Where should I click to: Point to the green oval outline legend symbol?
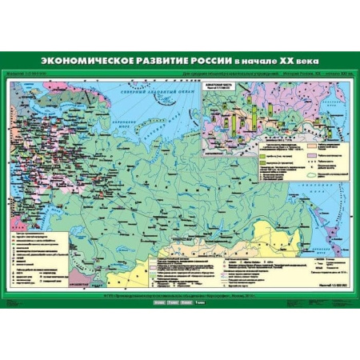pos(307,175)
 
